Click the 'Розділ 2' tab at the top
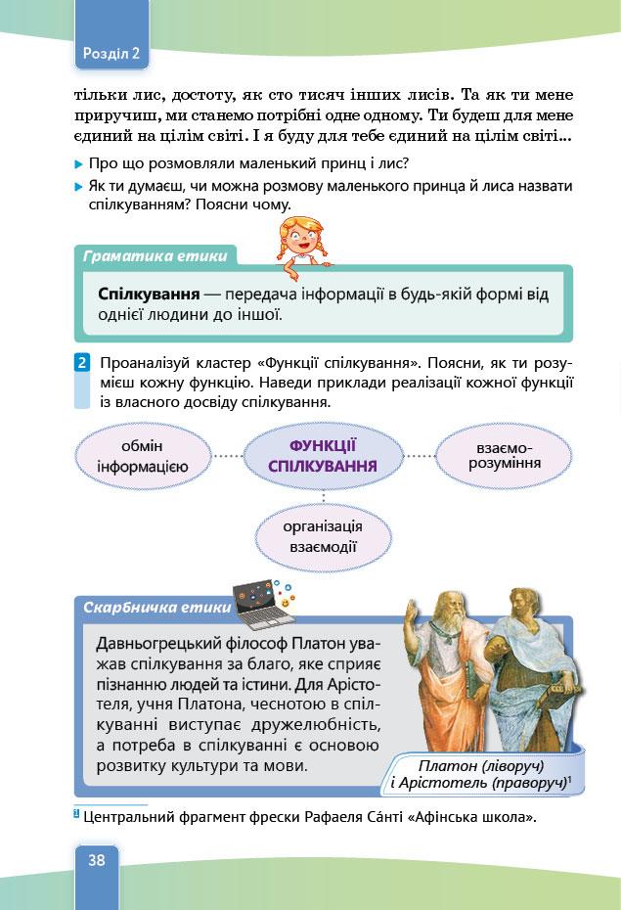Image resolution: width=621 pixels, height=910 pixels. click(x=111, y=55)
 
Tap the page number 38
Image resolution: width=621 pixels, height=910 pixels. click(x=97, y=861)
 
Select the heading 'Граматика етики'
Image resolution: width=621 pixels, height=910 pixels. click(x=155, y=257)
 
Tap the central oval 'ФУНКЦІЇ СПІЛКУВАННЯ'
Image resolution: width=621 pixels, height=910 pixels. click(x=323, y=455)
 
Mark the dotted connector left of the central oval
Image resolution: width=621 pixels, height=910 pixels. click(x=227, y=456)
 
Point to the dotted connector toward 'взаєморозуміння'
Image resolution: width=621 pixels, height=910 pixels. click(x=420, y=455)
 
